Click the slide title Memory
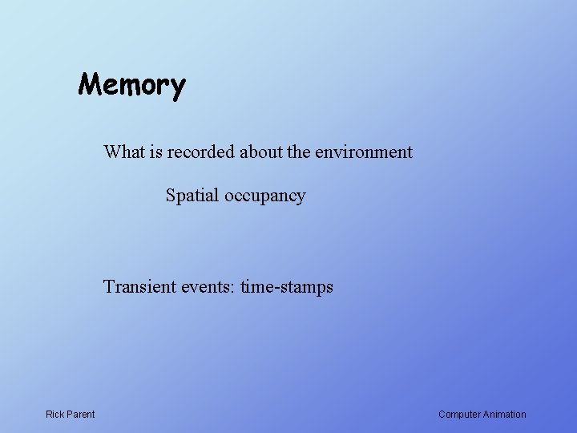[x=131, y=84]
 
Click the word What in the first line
[x=123, y=152]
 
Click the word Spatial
[x=192, y=196]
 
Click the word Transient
[x=138, y=286]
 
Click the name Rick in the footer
[x=55, y=415]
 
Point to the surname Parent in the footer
[x=81, y=415]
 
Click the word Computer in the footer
[x=459, y=415]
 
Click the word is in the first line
[x=154, y=152]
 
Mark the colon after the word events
[x=232, y=288]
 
